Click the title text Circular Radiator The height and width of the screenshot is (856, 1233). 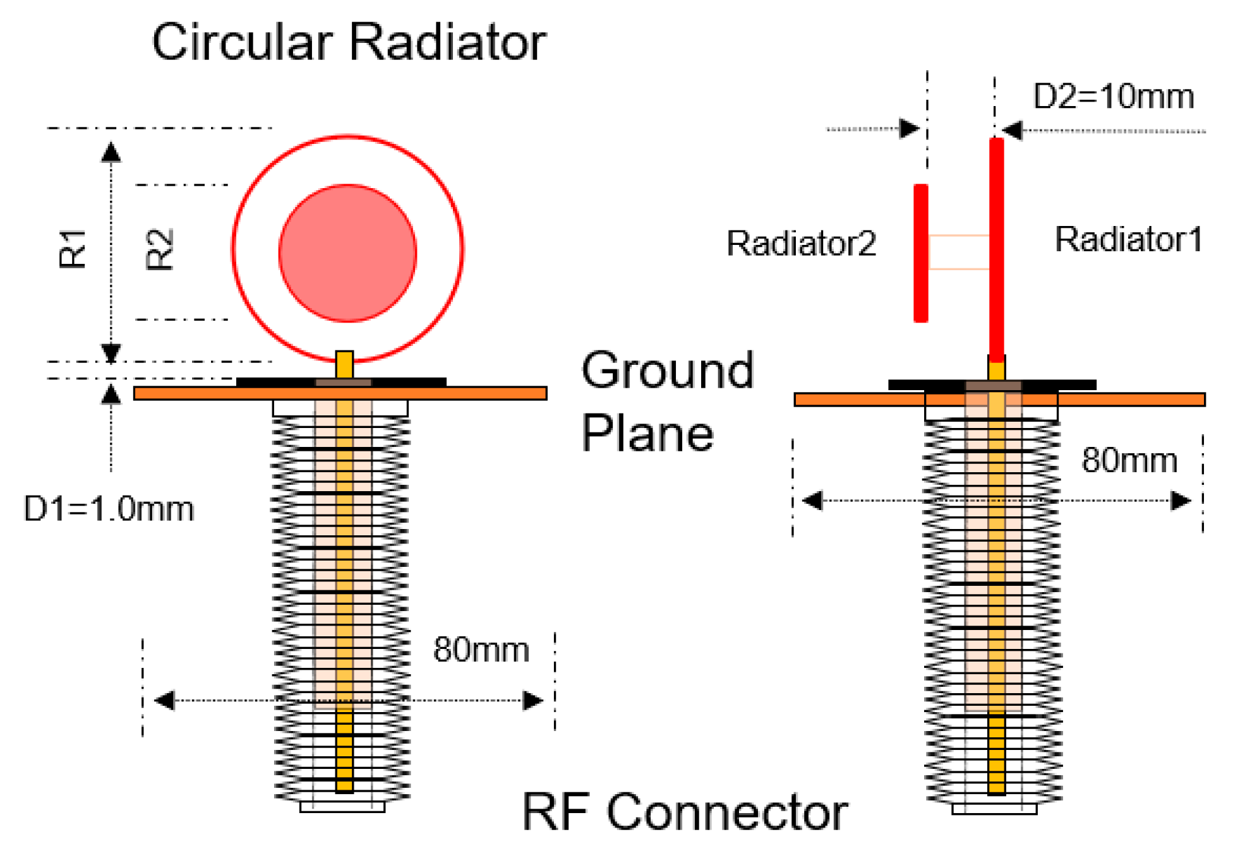click(x=349, y=42)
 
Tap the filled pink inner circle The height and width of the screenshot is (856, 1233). click(x=347, y=253)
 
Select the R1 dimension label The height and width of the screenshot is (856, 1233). click(x=72, y=249)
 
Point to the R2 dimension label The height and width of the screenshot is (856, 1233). click(x=159, y=250)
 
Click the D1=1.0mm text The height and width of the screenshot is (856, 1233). click(x=109, y=509)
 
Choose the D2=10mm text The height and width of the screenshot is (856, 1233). click(x=1113, y=97)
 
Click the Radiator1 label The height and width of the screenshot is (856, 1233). click(x=1128, y=239)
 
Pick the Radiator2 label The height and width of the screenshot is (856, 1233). click(x=801, y=243)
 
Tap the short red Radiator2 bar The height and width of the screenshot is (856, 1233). click(x=921, y=253)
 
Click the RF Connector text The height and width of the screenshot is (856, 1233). click(x=685, y=812)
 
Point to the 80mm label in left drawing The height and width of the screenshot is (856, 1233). click(x=481, y=650)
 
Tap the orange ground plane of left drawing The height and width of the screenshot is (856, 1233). click(x=189, y=393)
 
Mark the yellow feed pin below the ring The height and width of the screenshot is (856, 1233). click(x=344, y=365)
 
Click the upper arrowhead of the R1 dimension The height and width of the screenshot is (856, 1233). click(x=111, y=152)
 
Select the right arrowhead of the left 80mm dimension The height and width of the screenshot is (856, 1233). click(x=533, y=700)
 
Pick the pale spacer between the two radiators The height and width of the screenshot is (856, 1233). click(x=959, y=253)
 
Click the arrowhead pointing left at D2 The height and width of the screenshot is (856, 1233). click(x=1013, y=131)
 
